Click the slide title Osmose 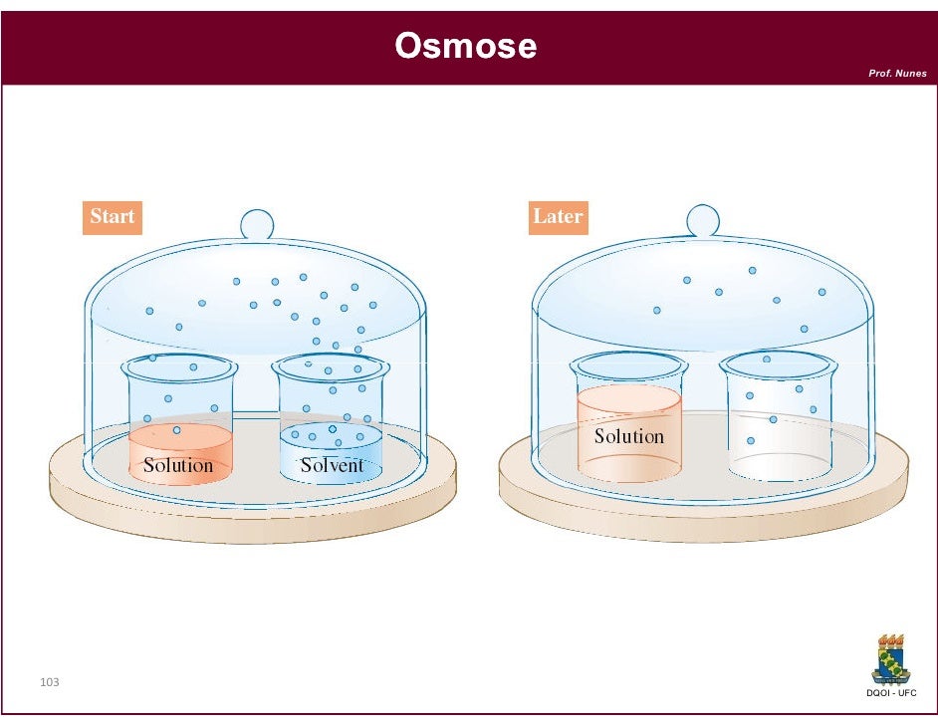pyautogui.click(x=465, y=46)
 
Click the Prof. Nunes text pyautogui.click(x=897, y=73)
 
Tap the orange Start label pyautogui.click(x=112, y=216)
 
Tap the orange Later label pyautogui.click(x=558, y=216)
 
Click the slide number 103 pyautogui.click(x=49, y=682)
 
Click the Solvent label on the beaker pyautogui.click(x=332, y=465)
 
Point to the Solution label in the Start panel pyautogui.click(x=178, y=465)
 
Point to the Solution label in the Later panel pyautogui.click(x=628, y=436)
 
